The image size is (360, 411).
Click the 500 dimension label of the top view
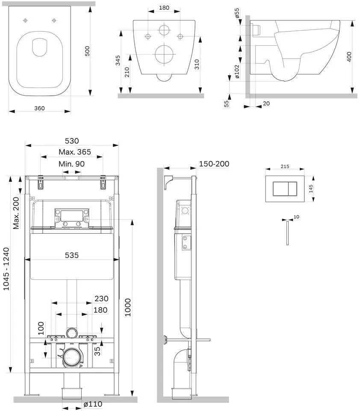(87, 51)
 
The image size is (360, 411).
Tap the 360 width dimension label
(39, 108)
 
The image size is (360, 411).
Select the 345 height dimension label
(118, 60)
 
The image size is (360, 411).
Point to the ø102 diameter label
(237, 71)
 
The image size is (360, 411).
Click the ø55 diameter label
(237, 13)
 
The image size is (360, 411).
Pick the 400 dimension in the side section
(349, 57)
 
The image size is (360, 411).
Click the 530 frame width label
(72, 141)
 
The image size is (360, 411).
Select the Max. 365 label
(75, 152)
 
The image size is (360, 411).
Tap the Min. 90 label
(72, 164)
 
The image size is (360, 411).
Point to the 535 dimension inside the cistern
(72, 255)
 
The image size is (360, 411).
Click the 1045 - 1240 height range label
(6, 269)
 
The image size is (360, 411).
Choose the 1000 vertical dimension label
(127, 307)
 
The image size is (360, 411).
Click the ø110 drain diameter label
(93, 404)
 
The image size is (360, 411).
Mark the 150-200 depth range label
(214, 164)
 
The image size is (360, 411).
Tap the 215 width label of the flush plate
(285, 166)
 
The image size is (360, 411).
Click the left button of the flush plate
(281, 189)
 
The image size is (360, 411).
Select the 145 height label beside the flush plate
(311, 189)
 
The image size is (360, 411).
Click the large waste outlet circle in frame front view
(71, 357)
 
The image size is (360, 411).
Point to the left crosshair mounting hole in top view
(25, 21)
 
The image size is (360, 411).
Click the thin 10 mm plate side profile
(288, 233)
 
